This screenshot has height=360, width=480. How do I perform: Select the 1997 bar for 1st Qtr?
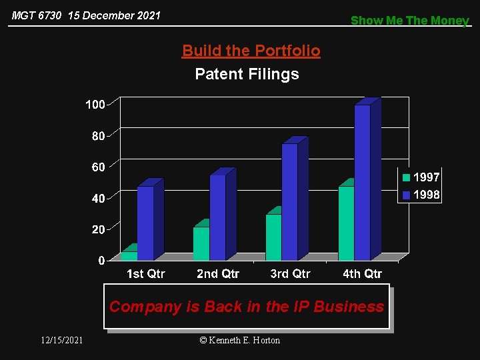click(x=129, y=255)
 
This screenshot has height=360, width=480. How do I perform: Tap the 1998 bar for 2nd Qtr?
click(x=217, y=217)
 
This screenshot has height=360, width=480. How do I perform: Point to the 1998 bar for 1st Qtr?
click(x=145, y=223)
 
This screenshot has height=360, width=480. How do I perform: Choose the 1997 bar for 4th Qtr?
click(x=346, y=223)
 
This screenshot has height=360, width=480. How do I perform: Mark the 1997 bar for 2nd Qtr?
click(x=201, y=243)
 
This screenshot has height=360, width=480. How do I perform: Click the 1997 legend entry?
click(x=420, y=177)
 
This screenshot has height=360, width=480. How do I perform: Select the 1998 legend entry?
click(x=420, y=195)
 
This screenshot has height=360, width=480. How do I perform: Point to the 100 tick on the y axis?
click(x=95, y=105)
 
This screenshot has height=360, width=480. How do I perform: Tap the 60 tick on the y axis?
click(x=98, y=167)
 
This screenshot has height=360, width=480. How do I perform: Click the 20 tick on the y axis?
click(x=98, y=229)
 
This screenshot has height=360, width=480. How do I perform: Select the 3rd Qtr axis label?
click(x=290, y=274)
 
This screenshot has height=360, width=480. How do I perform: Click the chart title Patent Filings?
click(x=247, y=74)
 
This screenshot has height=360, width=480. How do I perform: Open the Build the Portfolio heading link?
click(x=251, y=51)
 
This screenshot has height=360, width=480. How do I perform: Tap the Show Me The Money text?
click(x=410, y=20)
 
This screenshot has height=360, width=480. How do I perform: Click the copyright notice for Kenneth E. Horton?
click(x=240, y=340)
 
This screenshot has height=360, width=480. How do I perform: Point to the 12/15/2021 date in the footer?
click(x=61, y=340)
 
